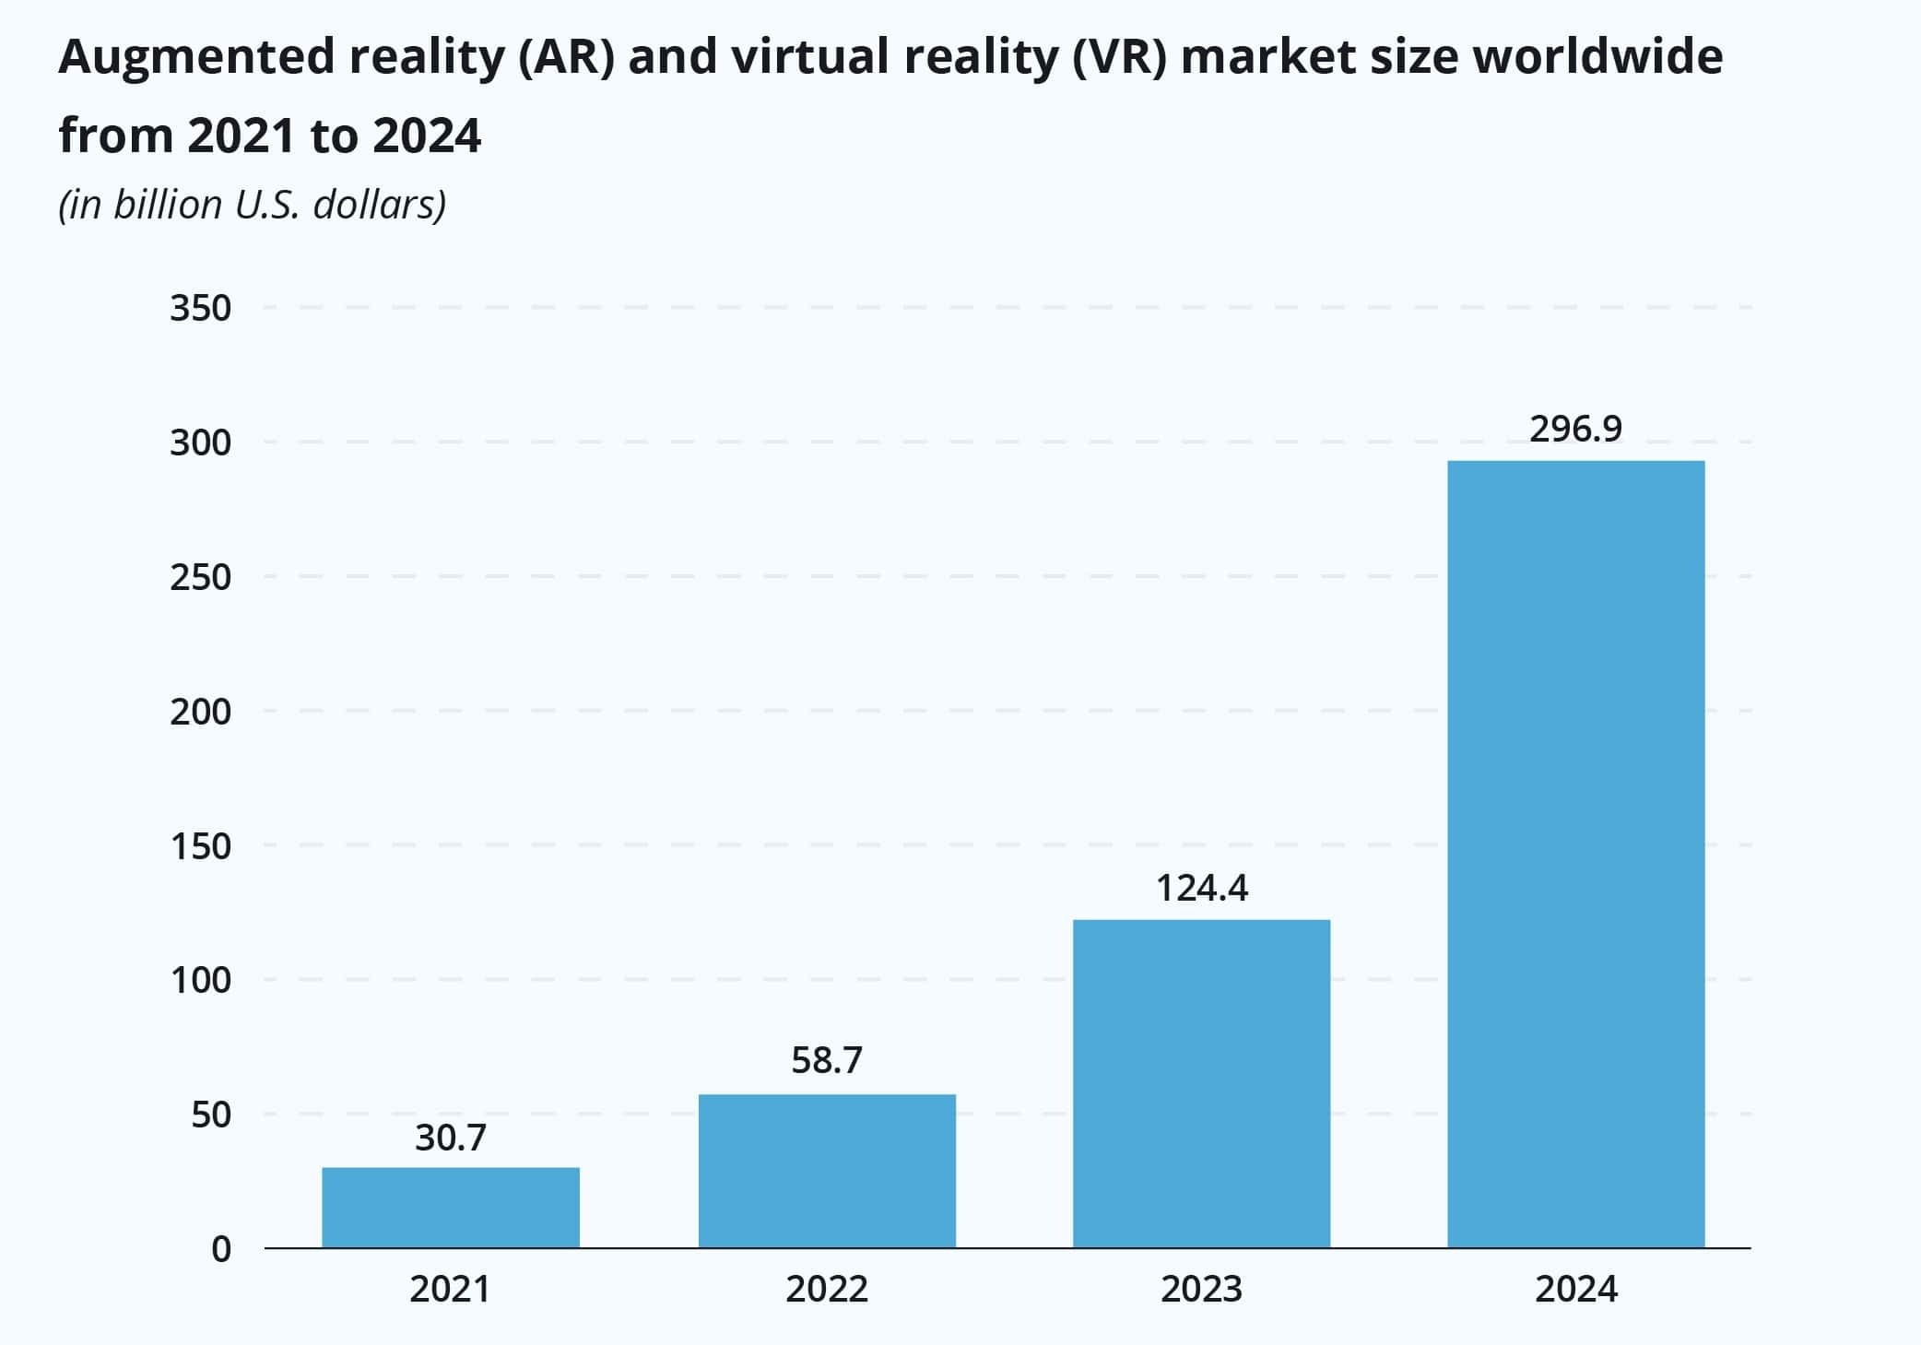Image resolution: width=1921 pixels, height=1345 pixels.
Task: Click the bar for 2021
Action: click(451, 1208)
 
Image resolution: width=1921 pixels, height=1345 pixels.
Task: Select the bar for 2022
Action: click(827, 1171)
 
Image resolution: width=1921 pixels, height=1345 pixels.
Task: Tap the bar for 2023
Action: click(1201, 1084)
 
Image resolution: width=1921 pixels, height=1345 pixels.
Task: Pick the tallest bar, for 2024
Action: click(1576, 854)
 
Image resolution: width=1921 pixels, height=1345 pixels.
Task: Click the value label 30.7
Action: click(450, 1139)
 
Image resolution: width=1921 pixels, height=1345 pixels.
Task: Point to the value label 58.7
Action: click(827, 1061)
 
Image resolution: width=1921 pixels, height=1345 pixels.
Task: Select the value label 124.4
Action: click(1202, 889)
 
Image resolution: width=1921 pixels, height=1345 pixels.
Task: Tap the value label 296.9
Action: click(1576, 430)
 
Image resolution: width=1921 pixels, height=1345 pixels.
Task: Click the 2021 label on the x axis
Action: click(450, 1289)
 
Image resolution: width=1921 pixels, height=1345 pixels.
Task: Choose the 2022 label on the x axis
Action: click(827, 1289)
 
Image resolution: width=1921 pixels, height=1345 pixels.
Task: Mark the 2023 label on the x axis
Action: click(1201, 1289)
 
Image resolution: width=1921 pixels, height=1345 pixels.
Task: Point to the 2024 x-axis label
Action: click(1576, 1289)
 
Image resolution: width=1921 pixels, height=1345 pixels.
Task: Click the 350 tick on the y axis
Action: click(200, 309)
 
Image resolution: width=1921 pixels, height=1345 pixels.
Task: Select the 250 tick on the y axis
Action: click(200, 578)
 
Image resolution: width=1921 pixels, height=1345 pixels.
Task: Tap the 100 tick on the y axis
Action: click(200, 981)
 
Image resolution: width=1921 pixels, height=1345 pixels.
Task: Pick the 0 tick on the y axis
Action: click(221, 1250)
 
